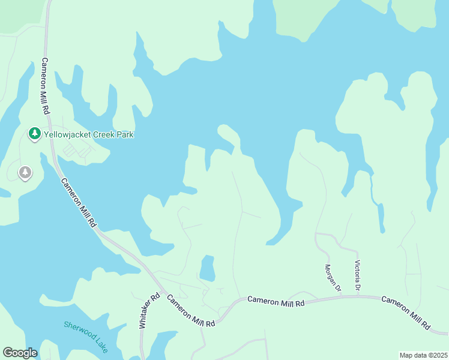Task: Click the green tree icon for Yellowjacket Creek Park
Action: tap(35, 134)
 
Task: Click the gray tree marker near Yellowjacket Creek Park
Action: tap(25, 173)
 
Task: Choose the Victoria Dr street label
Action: tap(358, 276)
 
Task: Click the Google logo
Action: tap(20, 353)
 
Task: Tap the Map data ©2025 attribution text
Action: tap(423, 355)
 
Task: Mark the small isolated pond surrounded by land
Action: tap(207, 268)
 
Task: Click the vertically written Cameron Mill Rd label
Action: tap(44, 86)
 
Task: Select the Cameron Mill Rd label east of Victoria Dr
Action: tap(405, 313)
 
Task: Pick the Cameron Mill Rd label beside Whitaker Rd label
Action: tap(191, 311)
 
